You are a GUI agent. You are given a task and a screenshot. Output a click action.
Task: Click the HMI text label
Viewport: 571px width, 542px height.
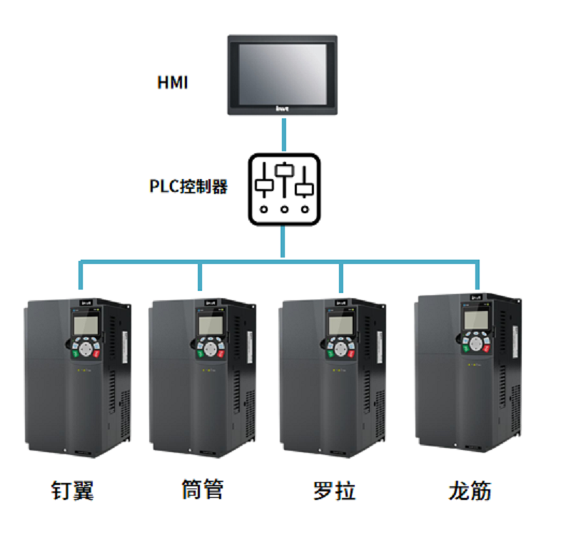point(172,83)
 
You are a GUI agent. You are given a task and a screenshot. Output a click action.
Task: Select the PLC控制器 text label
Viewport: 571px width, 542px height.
point(188,187)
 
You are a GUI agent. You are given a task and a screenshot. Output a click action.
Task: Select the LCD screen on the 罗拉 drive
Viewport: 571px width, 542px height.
point(338,325)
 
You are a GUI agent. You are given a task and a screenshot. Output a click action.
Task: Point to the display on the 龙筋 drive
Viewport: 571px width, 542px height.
point(473,320)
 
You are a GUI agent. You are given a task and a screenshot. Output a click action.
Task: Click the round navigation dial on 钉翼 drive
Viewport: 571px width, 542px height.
point(87,349)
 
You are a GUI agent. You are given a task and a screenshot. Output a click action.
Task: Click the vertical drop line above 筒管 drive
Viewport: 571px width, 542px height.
point(200,277)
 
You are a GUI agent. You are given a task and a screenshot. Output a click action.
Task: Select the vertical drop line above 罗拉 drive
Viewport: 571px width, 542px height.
point(341,277)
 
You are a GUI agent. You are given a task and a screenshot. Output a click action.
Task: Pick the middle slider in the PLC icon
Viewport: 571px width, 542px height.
point(285,172)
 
